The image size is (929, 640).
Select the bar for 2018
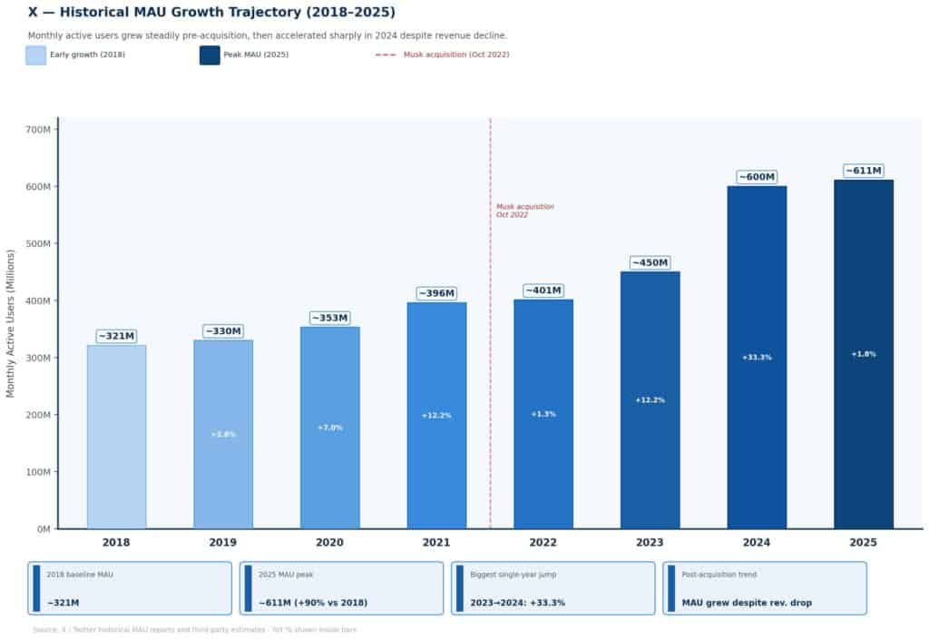(x=116, y=437)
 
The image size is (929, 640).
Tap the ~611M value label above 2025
(x=864, y=171)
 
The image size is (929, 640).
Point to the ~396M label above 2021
(x=436, y=293)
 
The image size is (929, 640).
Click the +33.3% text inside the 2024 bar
(x=757, y=358)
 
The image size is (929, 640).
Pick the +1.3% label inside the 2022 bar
(x=543, y=414)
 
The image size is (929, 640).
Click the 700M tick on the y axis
(x=38, y=130)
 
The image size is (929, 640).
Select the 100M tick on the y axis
(x=38, y=472)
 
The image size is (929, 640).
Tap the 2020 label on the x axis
(x=329, y=543)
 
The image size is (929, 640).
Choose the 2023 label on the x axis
(x=650, y=543)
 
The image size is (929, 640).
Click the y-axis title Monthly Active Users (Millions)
(x=11, y=323)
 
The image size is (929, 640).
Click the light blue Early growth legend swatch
(x=35, y=55)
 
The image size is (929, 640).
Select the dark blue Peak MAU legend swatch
(x=210, y=55)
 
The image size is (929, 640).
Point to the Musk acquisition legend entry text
(x=456, y=55)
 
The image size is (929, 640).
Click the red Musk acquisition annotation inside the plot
(x=524, y=211)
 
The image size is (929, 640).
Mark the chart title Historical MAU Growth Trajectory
(x=211, y=13)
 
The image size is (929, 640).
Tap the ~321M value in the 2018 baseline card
(x=63, y=603)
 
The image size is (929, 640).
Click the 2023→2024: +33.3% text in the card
(x=517, y=603)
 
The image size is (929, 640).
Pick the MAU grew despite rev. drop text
(x=747, y=603)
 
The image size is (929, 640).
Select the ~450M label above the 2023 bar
(x=650, y=263)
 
